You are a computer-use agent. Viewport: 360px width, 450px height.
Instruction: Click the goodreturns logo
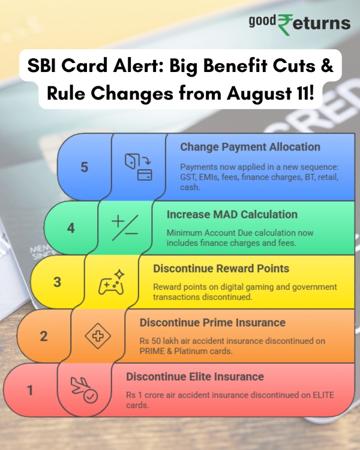pos(299,23)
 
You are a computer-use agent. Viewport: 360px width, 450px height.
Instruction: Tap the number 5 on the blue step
pos(84,166)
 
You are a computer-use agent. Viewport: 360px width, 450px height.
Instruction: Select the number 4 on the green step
pos(70,228)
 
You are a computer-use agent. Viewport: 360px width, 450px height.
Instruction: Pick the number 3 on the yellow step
pos(57,281)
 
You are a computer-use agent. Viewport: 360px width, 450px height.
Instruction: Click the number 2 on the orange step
pos(43,335)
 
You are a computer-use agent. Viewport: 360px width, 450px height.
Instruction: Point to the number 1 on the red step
pos(30,391)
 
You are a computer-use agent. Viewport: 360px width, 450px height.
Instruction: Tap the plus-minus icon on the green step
pos(125,227)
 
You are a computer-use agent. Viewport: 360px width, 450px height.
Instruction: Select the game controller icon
pos(112,281)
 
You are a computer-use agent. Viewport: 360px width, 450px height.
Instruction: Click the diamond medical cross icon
pos(98,335)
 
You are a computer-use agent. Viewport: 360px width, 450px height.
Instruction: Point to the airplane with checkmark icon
pos(84,391)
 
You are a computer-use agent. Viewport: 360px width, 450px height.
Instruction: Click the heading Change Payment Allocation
pos(250,147)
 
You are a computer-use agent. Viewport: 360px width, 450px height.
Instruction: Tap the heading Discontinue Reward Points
pos(221,268)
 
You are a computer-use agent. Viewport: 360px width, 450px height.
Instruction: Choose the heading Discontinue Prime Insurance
pos(212,323)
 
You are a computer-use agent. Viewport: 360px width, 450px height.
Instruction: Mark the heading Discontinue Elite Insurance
pos(195,377)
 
